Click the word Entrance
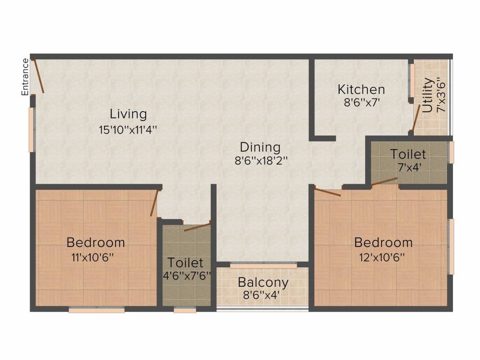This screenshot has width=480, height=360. coord(25,77)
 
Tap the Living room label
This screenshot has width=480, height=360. coord(128,114)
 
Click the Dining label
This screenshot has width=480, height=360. coord(260,147)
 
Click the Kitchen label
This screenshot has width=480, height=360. coord(361,90)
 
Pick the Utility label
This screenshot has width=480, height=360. coord(427,95)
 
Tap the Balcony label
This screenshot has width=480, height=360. coord(263,282)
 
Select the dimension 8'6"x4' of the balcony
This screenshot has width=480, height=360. coord(262,295)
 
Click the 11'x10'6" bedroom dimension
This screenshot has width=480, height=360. coord(93,257)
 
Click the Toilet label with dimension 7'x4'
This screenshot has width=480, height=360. coord(408,154)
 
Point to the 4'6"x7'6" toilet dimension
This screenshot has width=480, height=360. coord(187,276)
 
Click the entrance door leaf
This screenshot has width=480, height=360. coord(38,76)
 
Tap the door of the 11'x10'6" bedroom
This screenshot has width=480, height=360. coord(155,203)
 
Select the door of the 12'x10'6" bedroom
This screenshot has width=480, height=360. coord(328,192)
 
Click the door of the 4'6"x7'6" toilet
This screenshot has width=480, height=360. coord(197,227)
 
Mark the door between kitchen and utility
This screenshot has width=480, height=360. coord(416,118)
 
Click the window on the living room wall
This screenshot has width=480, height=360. coord(31,129)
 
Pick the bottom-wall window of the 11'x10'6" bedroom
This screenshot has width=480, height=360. coord(97,310)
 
